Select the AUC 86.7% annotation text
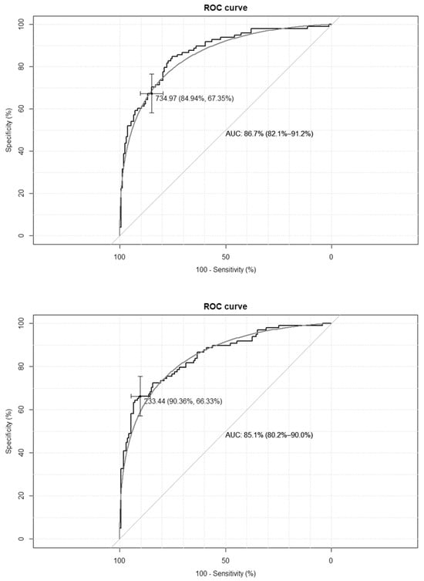click(269, 134)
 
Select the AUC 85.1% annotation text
click(269, 435)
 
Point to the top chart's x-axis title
click(225, 275)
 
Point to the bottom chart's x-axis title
click(225, 574)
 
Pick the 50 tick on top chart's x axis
click(225, 256)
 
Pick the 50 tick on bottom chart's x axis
click(225, 556)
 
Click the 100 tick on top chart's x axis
click(119, 256)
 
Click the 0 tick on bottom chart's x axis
click(331, 556)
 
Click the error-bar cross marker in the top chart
click(152, 93)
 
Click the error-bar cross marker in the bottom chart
click(140, 397)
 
